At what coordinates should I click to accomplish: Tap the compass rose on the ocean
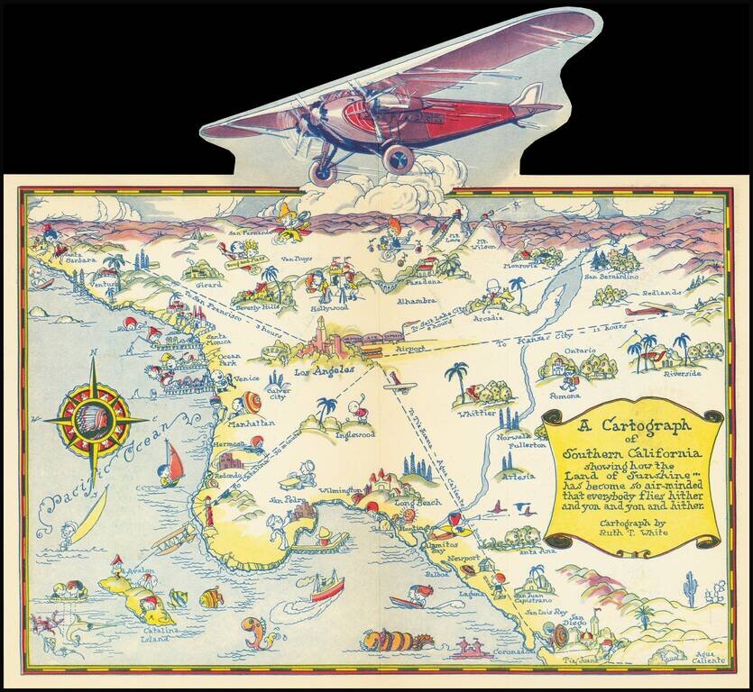(x=96, y=419)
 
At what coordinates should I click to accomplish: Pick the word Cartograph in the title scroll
(x=638, y=427)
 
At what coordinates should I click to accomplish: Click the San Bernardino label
(x=613, y=277)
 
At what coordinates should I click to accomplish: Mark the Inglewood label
(x=354, y=434)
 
